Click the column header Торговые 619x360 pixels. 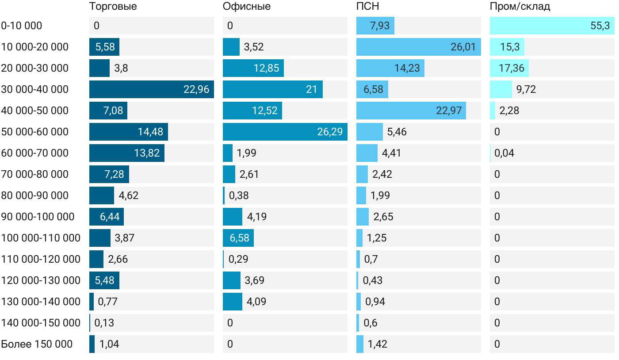pos(113,7)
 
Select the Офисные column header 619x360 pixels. pos(247,7)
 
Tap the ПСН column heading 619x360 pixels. pos(368,7)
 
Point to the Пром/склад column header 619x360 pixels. pos(520,7)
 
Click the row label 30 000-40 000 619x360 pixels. pos(35,89)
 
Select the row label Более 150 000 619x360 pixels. pos(37,344)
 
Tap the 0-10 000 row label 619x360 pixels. pos(22,26)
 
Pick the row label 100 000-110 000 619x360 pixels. pos(41,238)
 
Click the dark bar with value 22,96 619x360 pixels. pos(151,89)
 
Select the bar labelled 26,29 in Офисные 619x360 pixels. pos(285,132)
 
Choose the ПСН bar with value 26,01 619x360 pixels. pos(418,47)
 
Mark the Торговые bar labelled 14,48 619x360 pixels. pos(128,132)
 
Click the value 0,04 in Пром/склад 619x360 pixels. pos(504,153)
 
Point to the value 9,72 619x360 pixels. pos(526,89)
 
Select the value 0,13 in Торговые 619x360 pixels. pos(104,323)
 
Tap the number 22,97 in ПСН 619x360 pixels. pos(449,111)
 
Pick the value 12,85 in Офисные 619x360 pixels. pos(265,68)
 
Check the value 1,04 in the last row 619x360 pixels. pos(109,344)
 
